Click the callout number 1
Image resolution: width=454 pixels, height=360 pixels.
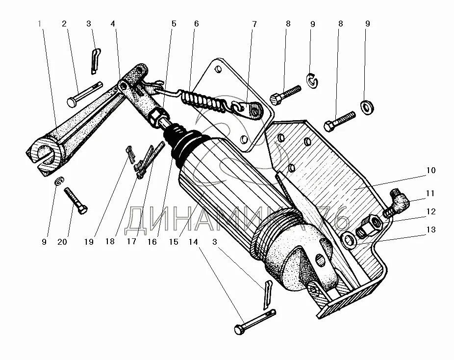click(x=40, y=24)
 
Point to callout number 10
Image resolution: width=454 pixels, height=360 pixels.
click(x=430, y=171)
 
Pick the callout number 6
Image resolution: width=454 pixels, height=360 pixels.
click(x=196, y=24)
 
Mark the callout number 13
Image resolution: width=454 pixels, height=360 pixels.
click(x=430, y=229)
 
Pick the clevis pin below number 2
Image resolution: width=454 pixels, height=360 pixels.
click(x=84, y=94)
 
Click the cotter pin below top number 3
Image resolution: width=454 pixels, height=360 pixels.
click(x=96, y=59)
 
